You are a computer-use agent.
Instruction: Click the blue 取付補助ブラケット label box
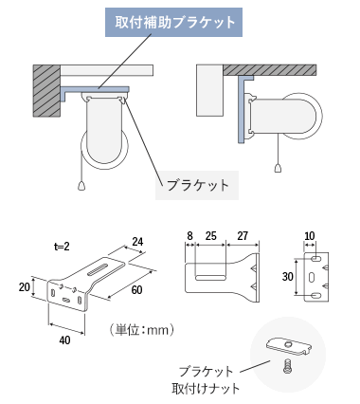click(173, 23)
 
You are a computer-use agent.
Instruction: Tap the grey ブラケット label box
click(197, 185)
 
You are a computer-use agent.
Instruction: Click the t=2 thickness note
click(62, 247)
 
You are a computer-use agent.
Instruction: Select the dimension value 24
click(137, 242)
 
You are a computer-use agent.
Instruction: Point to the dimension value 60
click(136, 290)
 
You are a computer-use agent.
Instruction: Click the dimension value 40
click(64, 340)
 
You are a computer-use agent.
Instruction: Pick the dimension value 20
click(25, 287)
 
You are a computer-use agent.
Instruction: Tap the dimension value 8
click(189, 236)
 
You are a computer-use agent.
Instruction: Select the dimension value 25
click(211, 236)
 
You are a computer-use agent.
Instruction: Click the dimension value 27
click(243, 236)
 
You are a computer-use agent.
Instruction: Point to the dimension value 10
click(310, 236)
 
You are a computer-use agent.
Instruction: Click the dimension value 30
click(288, 277)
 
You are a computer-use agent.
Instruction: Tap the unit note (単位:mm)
click(141, 330)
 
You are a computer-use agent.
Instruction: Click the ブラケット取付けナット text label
click(206, 380)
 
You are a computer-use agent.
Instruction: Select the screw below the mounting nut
click(287, 366)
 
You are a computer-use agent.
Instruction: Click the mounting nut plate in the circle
click(290, 346)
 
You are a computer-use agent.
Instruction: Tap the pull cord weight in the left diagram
click(81, 186)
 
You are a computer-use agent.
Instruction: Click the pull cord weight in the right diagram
click(278, 168)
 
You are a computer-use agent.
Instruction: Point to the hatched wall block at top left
click(46, 91)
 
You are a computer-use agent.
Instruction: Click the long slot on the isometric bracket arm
click(100, 269)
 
